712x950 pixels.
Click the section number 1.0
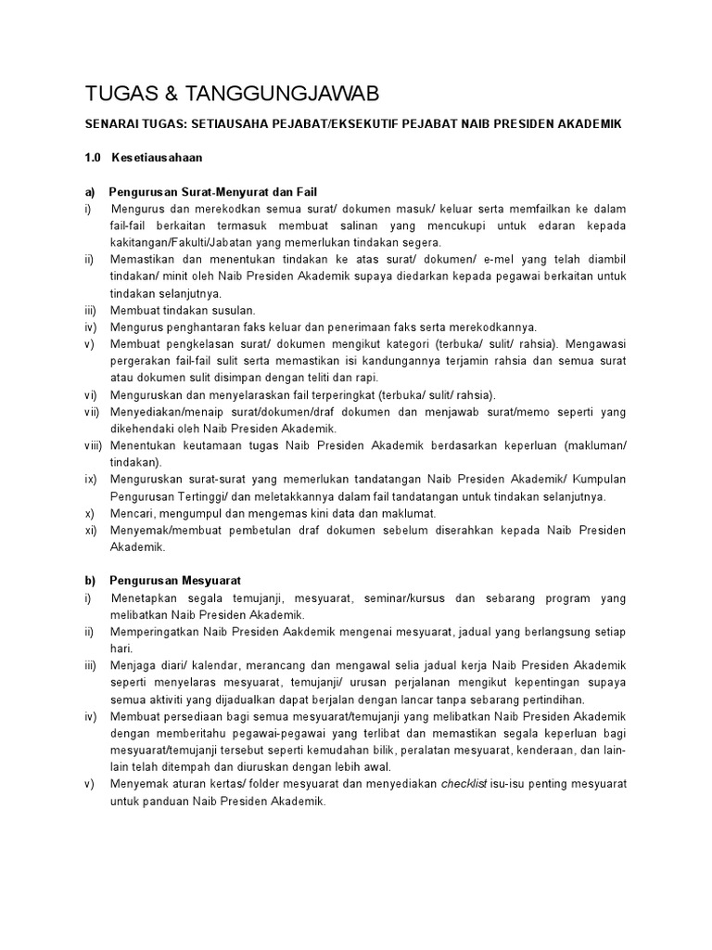(x=93, y=158)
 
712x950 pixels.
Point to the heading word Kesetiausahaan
(x=157, y=158)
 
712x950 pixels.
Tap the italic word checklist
(x=466, y=784)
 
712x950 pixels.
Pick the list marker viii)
(x=92, y=445)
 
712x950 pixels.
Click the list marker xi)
(x=90, y=530)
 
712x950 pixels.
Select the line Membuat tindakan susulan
(x=183, y=310)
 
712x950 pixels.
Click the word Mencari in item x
(x=131, y=513)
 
